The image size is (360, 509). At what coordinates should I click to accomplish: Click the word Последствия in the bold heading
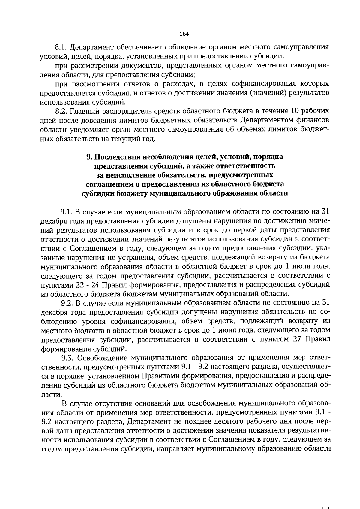(x=117, y=157)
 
